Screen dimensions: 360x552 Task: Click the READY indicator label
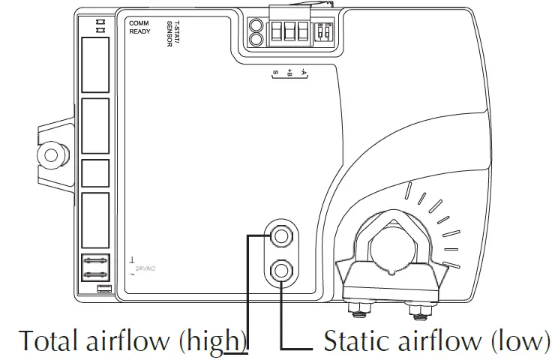(x=140, y=32)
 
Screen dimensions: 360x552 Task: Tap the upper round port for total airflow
(x=281, y=236)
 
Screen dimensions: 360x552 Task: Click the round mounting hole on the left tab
(x=52, y=155)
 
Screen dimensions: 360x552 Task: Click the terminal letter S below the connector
(x=276, y=73)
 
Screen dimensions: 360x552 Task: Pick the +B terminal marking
(x=289, y=73)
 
